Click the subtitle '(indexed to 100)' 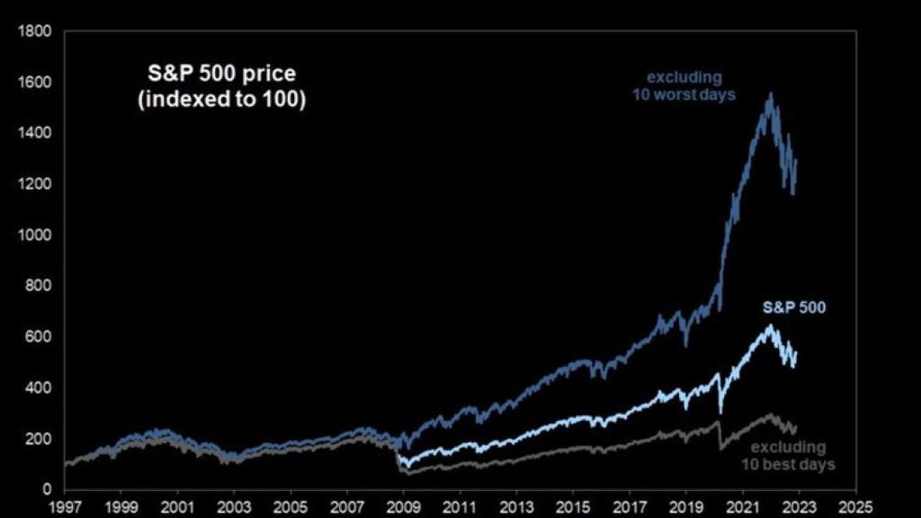220,99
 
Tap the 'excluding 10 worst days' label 691,85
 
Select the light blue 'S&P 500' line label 794,308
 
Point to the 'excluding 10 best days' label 788,455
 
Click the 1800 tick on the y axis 39,32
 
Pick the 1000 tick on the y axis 39,236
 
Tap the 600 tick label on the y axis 42,337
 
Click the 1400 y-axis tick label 39,134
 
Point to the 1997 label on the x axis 66,506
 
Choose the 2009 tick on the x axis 404,506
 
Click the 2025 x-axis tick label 856,506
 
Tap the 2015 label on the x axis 574,506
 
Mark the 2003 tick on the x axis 235,506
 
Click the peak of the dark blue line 770,94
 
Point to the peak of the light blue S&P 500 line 770,326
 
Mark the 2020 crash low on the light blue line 720,410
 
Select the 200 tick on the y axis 42,439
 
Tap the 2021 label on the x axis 743,506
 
